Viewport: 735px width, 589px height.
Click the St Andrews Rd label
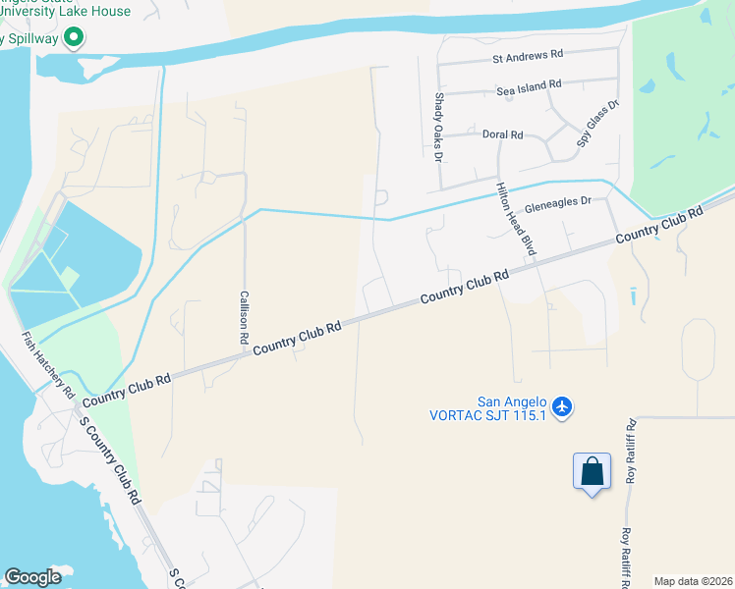528,58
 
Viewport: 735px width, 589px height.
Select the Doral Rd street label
502,134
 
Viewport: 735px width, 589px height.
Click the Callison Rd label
244,316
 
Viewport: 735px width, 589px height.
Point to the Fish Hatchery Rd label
49,364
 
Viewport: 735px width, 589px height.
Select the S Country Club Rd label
109,461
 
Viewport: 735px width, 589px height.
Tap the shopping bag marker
592,471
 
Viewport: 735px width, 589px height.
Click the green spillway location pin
73,38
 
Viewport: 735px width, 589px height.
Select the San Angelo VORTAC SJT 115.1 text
488,407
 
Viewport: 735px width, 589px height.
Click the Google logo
32,576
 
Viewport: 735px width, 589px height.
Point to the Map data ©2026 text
692,581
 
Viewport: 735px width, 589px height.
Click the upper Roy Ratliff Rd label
631,452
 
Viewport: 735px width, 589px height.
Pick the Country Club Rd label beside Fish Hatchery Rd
127,390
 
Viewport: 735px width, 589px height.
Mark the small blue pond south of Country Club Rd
633,294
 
